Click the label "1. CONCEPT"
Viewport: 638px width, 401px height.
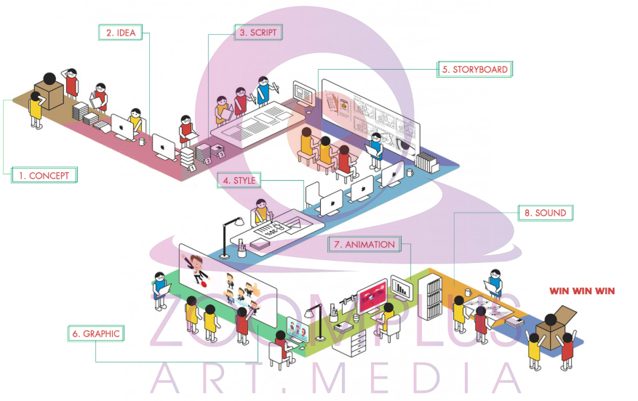(x=44, y=175)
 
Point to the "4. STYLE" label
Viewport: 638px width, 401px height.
(x=239, y=180)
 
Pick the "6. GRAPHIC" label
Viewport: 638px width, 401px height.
(x=95, y=333)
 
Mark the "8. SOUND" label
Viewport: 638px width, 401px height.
(x=545, y=213)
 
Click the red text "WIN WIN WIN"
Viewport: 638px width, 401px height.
(x=582, y=291)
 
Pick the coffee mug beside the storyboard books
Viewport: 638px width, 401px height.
(x=411, y=174)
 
